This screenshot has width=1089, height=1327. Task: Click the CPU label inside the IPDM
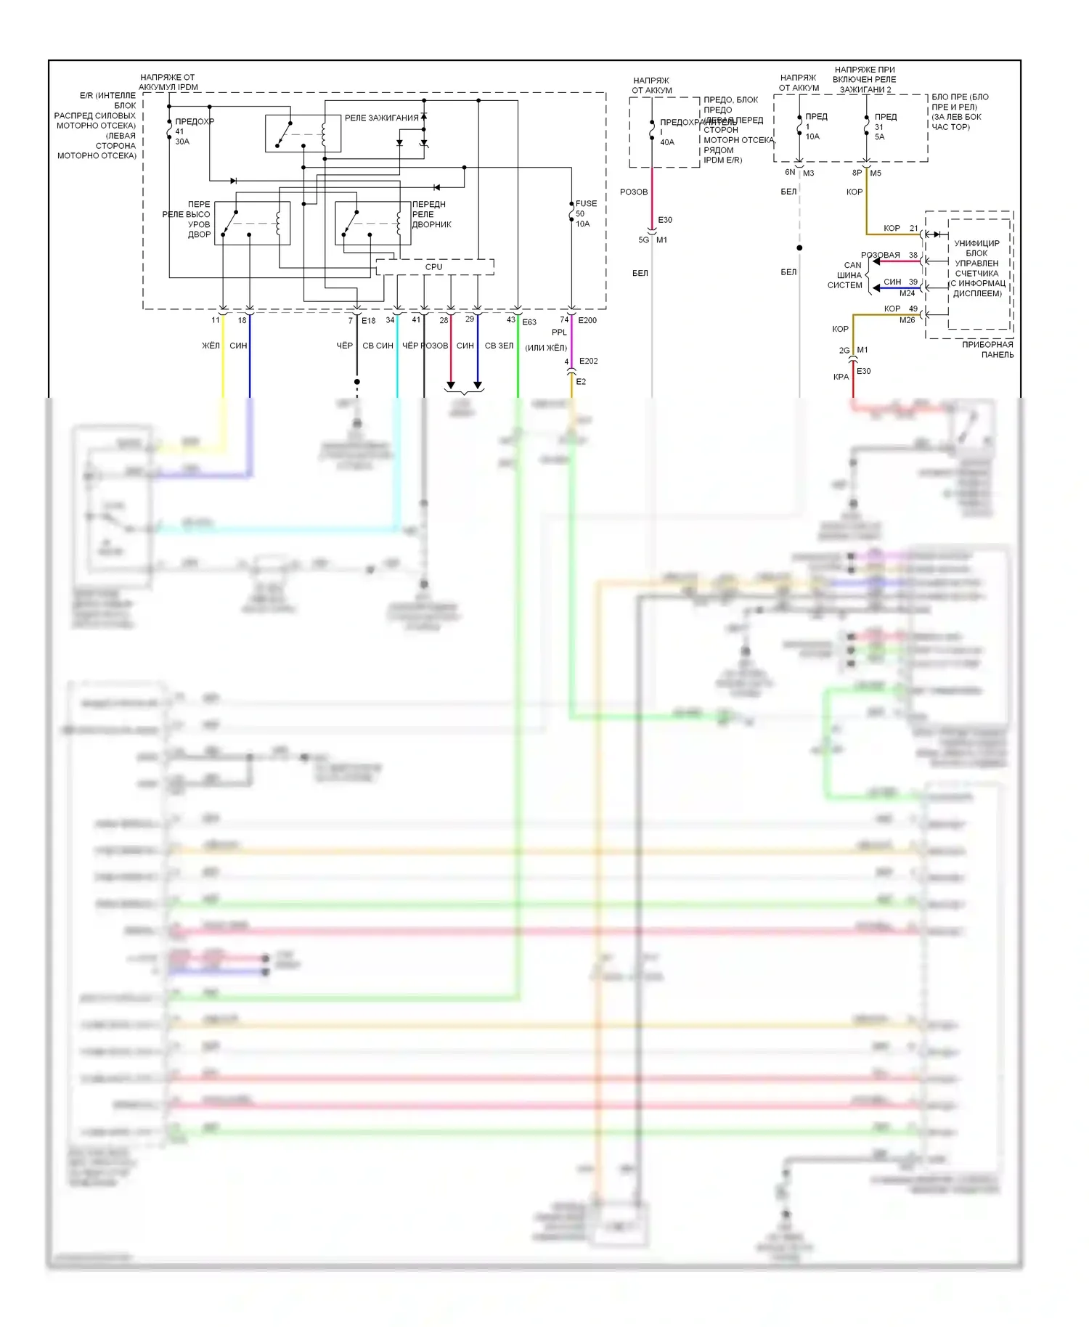pos(433,267)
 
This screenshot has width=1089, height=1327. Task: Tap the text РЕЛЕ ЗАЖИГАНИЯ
pos(381,118)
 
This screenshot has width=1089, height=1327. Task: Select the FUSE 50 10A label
pos(585,213)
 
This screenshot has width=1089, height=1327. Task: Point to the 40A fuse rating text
pos(667,142)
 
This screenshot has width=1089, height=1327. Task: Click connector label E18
pos(369,321)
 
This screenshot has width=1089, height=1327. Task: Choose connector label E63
pos(529,322)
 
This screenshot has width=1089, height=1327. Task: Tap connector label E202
pos(588,361)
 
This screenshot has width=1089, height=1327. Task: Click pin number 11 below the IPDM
pos(216,320)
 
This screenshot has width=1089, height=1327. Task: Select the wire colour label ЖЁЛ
pos(211,346)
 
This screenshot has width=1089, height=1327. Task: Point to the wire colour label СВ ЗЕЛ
pos(499,346)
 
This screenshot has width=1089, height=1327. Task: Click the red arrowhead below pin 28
pos(451,385)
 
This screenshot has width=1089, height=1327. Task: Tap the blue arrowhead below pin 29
pos(478,385)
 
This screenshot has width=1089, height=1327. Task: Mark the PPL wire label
pos(559,332)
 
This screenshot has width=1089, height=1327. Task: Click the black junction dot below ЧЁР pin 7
pos(357,382)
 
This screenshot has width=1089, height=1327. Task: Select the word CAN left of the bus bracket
pos(852,265)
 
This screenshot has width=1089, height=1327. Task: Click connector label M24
pos(907,293)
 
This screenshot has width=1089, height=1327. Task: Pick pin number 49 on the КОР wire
pos(913,309)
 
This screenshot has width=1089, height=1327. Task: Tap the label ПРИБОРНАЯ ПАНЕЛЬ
pos(987,349)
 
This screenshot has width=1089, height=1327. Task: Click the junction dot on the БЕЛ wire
pos(799,248)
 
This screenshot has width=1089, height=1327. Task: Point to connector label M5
pos(876,173)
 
